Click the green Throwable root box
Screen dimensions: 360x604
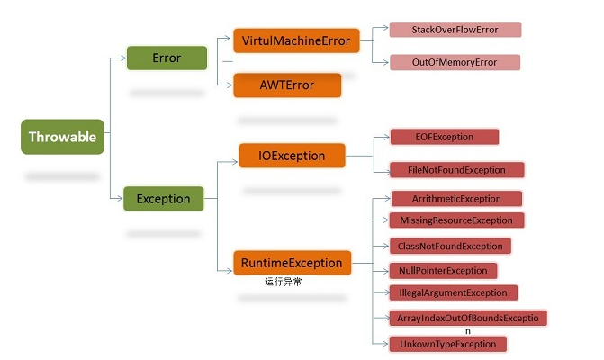[x=63, y=138]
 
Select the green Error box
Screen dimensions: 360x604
[x=167, y=58]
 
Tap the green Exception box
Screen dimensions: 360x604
[x=163, y=199]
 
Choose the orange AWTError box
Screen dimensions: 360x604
[x=286, y=85]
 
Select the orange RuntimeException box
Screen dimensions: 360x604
[x=292, y=264]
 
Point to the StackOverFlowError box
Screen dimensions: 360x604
[x=455, y=30]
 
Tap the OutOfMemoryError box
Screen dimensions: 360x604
[x=455, y=62]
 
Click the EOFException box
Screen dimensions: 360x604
[x=444, y=137]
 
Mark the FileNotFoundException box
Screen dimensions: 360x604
[x=456, y=169]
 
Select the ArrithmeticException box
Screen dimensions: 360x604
[x=456, y=198]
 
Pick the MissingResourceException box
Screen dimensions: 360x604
[x=456, y=220]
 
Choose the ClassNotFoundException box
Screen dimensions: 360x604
[x=450, y=246]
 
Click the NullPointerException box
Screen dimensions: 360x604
[x=443, y=270]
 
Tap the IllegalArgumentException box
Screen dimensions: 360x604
[x=454, y=292]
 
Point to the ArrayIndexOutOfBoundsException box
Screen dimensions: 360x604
[x=467, y=318]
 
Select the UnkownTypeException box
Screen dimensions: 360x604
[x=447, y=344]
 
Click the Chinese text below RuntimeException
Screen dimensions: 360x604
[x=284, y=282]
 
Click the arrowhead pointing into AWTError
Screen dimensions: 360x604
[x=230, y=85]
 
